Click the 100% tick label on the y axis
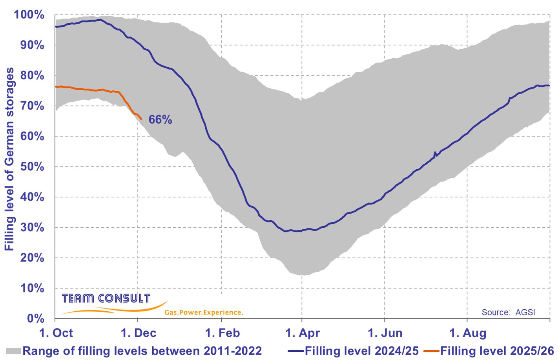[x=29, y=15]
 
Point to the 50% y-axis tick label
[x=32, y=166]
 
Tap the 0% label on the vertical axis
[x=35, y=318]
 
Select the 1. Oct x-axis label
[x=56, y=333]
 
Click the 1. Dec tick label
[x=139, y=333]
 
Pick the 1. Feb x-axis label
[x=222, y=333]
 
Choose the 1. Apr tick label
[x=303, y=333]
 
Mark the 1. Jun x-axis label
[x=385, y=333]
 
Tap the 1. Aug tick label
[x=468, y=333]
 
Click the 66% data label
[x=160, y=120]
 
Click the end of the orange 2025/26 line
[x=141, y=119]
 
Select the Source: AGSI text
[x=508, y=312]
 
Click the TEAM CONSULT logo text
[x=106, y=298]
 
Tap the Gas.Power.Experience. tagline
[x=204, y=312]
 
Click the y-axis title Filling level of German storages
[x=9, y=159]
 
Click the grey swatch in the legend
[x=13, y=351]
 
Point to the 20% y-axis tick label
[x=32, y=258]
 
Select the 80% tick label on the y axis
[x=32, y=75]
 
